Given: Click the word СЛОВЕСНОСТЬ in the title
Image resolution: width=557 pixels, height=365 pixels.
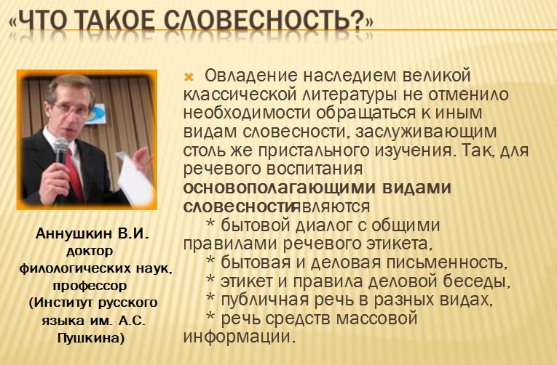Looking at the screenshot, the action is point(263,20).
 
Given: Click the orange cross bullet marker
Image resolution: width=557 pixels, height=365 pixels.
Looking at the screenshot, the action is point(189,77).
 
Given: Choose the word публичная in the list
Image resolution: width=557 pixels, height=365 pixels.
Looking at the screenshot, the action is point(264,300).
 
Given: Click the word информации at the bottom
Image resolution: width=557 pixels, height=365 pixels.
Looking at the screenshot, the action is point(239,336).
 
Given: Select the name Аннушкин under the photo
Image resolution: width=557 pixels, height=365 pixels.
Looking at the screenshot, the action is point(74,233).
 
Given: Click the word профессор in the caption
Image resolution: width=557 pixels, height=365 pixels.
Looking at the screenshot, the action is point(90,286).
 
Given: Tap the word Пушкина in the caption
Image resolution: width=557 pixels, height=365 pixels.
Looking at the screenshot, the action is point(91,337).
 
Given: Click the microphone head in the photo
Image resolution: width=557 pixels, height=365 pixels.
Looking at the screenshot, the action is point(60,146).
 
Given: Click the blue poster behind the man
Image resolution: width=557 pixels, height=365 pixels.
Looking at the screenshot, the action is point(96,114).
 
